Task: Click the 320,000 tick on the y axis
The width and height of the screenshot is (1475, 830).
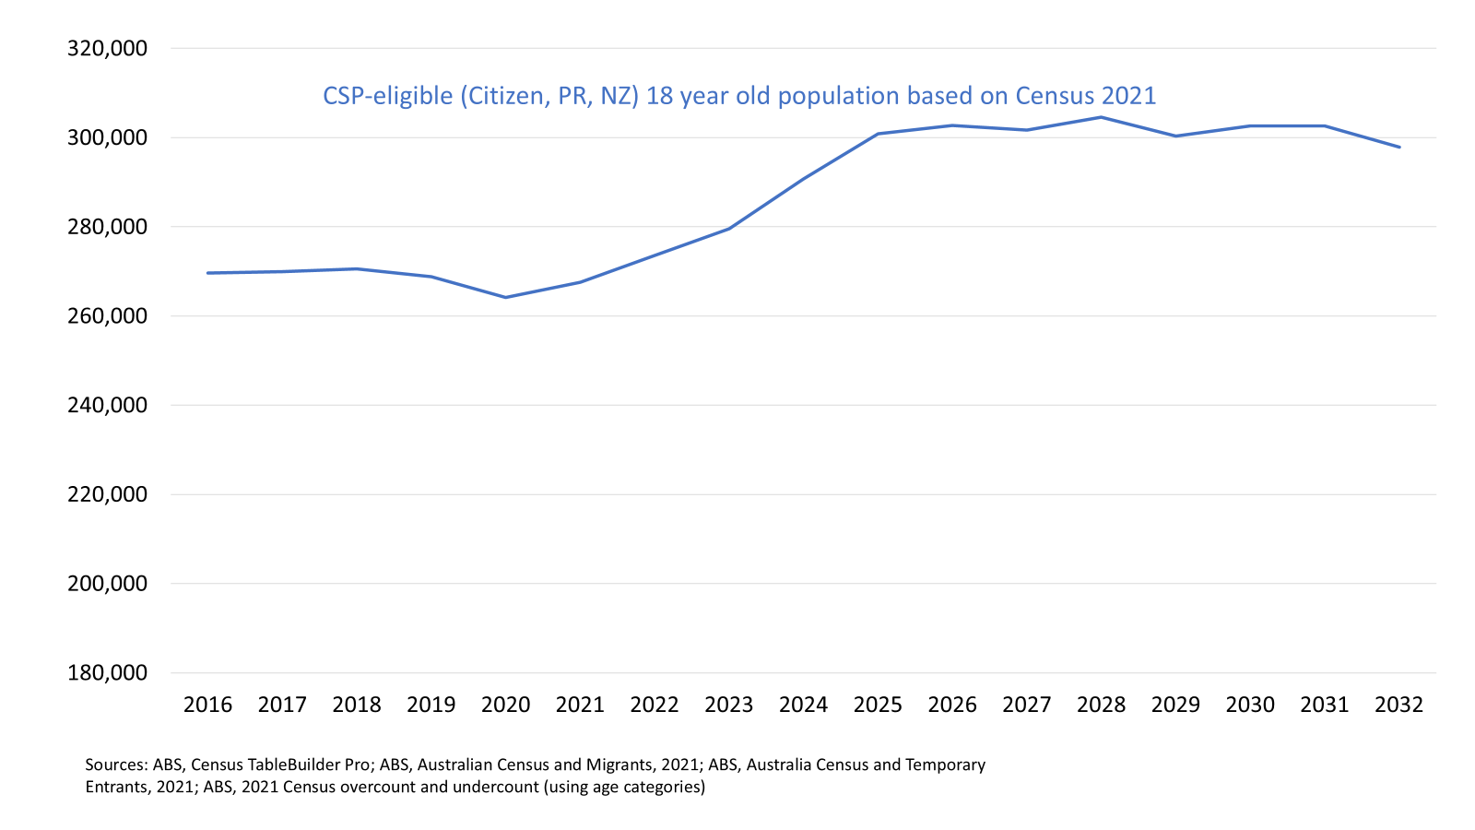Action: click(107, 48)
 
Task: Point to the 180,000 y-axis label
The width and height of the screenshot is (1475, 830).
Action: click(107, 672)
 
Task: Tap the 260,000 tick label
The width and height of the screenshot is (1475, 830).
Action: click(107, 316)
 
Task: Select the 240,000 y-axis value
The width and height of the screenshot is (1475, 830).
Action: click(107, 405)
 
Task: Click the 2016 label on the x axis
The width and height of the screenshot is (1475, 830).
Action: click(207, 705)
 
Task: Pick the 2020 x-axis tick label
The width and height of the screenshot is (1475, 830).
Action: click(505, 705)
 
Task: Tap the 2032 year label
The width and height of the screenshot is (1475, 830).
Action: click(1398, 705)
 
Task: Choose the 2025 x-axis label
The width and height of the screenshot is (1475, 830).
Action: click(878, 705)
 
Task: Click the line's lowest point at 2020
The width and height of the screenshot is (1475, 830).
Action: click(505, 297)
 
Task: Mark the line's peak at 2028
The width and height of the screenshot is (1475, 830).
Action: click(1101, 117)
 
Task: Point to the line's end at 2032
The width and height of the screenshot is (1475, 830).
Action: click(1399, 147)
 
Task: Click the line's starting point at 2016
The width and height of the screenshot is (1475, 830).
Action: click(207, 273)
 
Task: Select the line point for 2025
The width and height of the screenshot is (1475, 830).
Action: click(878, 134)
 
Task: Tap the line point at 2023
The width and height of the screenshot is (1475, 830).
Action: click(729, 229)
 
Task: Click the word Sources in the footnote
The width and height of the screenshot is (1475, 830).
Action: click(116, 765)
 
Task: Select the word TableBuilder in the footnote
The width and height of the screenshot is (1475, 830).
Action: click(297, 765)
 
